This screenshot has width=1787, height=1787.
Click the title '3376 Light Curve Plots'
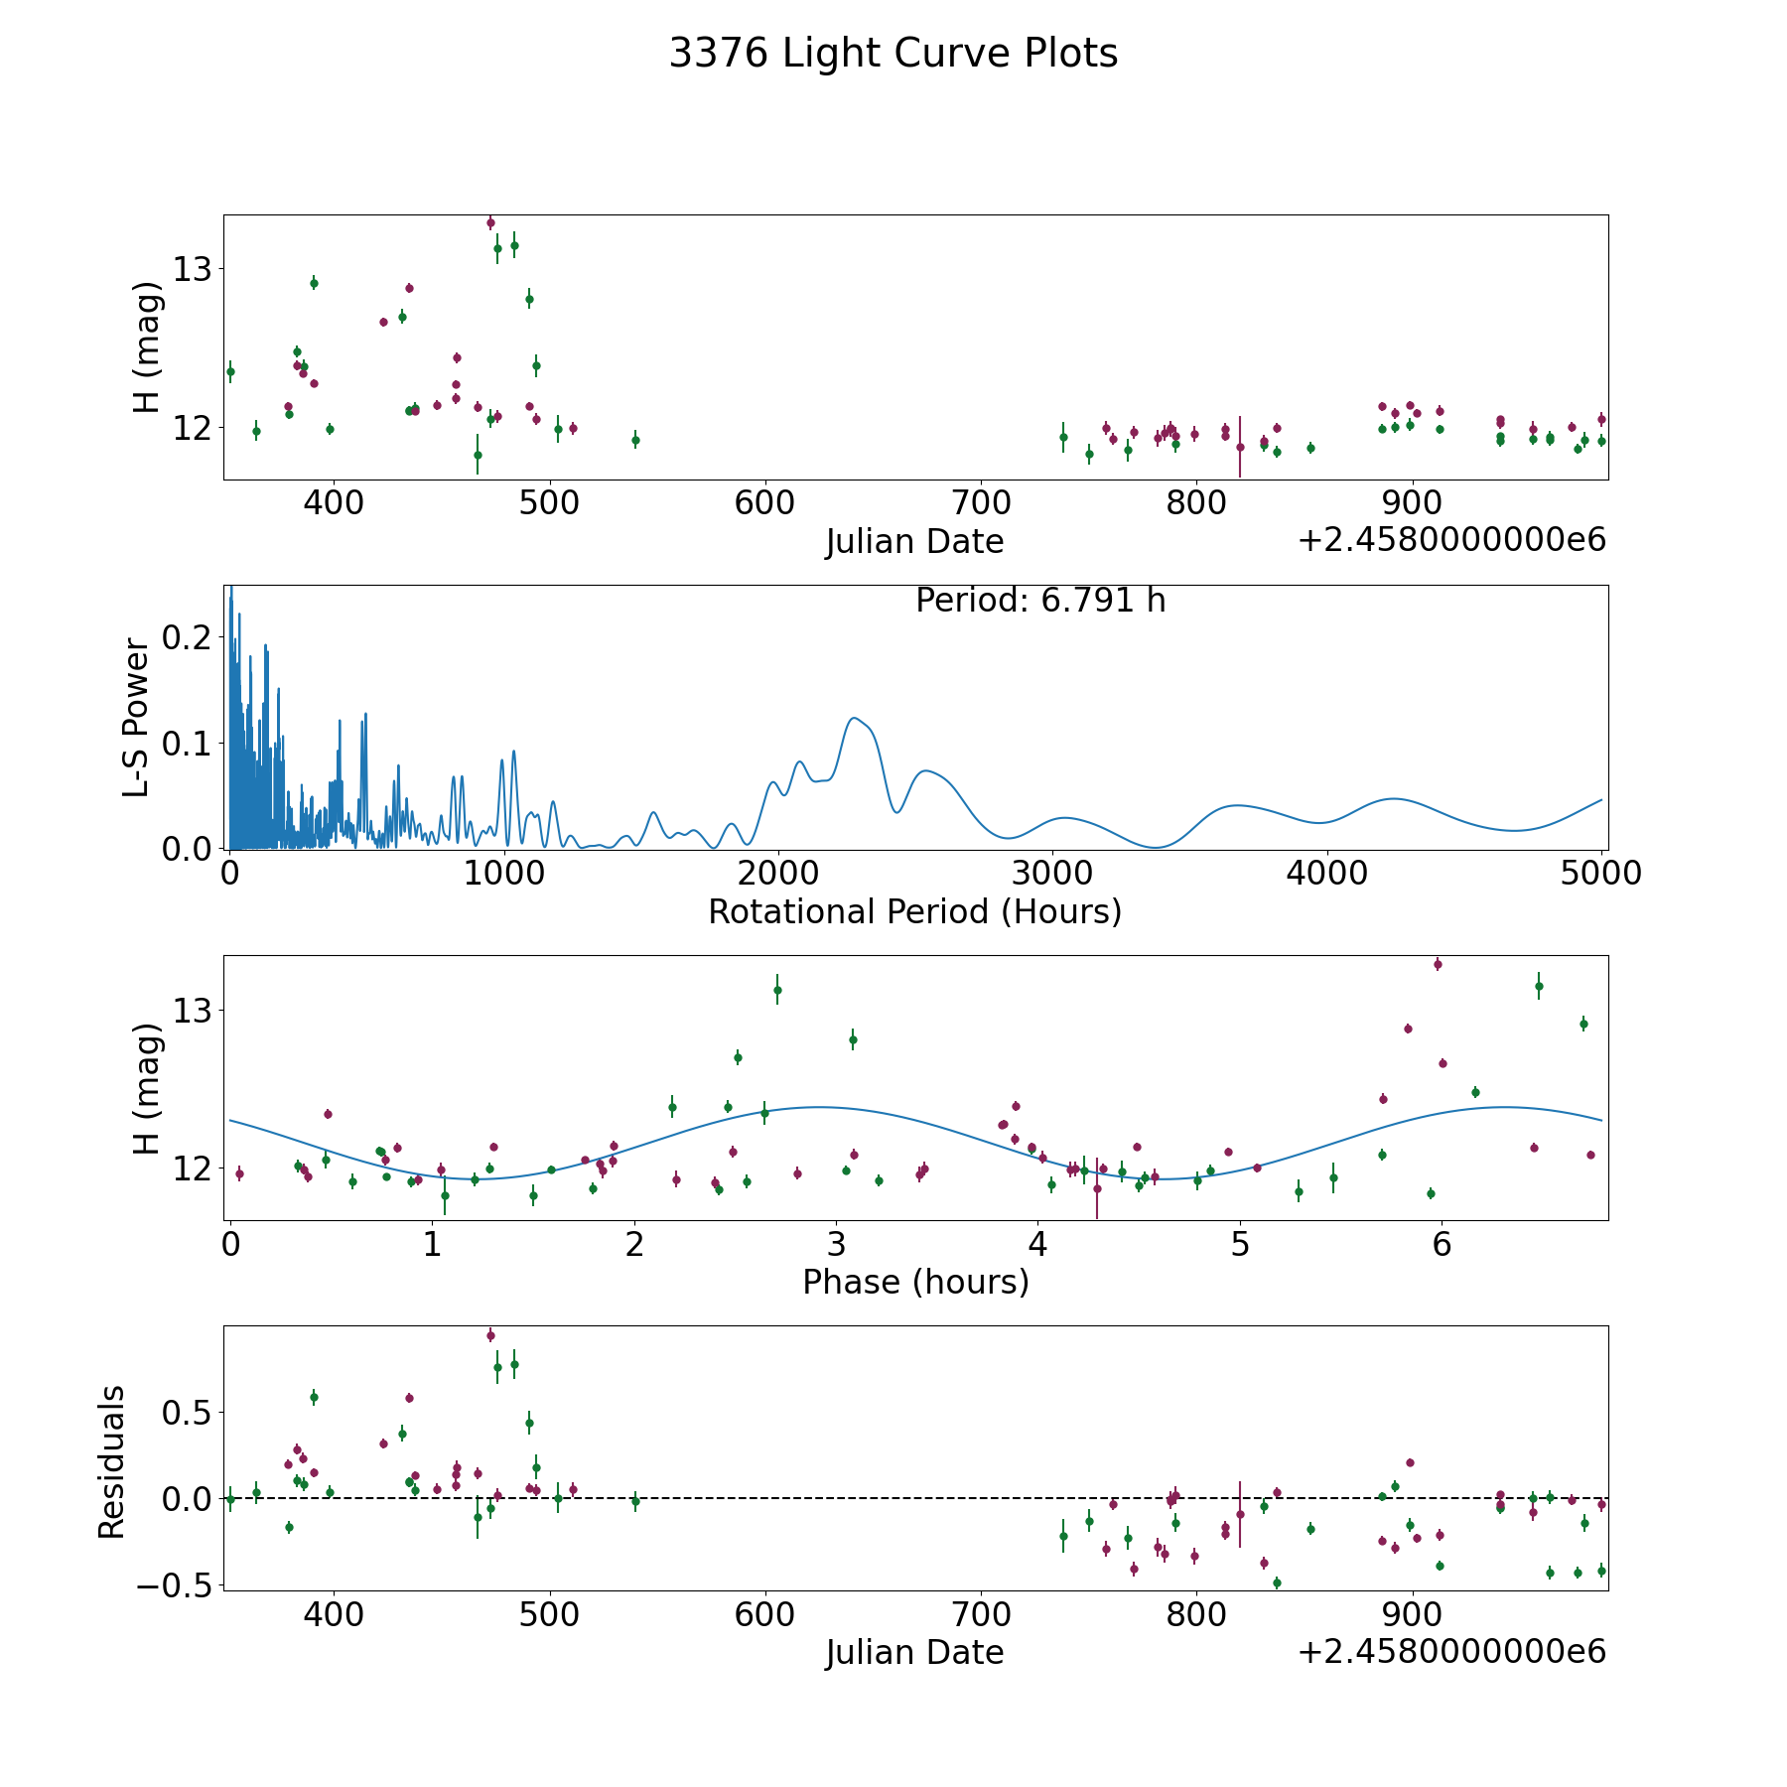893,54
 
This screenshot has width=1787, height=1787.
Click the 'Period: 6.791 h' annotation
1040,601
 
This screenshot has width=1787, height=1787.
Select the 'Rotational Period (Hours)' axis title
914,911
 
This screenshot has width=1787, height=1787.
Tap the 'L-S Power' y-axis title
137,717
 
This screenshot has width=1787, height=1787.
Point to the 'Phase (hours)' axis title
915,1282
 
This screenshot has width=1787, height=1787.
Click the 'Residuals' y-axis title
112,1461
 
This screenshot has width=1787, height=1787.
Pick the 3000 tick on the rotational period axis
1052,874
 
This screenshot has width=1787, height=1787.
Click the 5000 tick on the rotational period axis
1601,874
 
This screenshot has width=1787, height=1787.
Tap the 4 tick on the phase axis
1038,1244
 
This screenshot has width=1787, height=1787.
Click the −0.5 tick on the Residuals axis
179,1584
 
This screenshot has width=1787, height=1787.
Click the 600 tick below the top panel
764,503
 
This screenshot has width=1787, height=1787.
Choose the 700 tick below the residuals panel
981,1614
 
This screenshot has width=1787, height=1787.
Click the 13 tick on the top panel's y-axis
194,268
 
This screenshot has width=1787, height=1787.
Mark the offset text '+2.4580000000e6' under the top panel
1451,541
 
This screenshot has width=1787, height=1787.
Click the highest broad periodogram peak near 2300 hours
853,718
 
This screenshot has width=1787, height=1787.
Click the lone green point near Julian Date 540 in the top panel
635,440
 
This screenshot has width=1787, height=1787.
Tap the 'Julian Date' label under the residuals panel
914,1652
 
